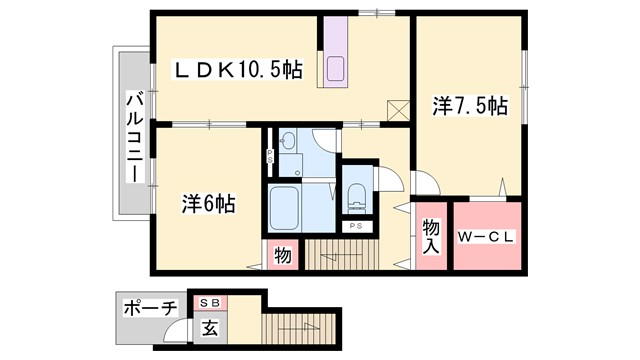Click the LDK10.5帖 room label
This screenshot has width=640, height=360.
point(239,70)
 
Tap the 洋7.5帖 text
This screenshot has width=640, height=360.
point(470,105)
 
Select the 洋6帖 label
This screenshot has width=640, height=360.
point(207,203)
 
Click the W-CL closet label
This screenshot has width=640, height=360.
point(486,238)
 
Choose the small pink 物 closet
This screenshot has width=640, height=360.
point(282,256)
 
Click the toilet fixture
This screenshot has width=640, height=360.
point(356,196)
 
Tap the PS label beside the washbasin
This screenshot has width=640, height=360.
point(270,156)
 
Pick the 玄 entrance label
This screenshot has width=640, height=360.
point(211,325)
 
